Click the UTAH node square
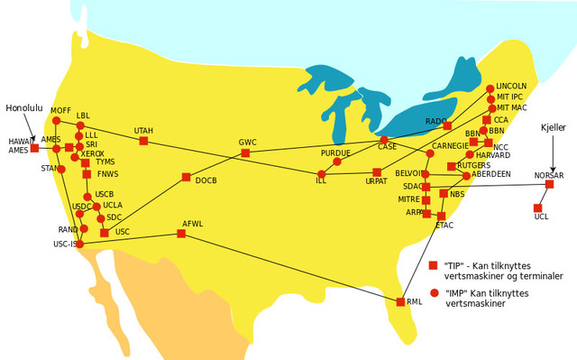pos(143,141)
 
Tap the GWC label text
pos(248,143)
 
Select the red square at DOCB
pos(186,177)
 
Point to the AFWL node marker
pos(181,234)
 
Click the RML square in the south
pos(400,302)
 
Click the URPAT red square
pos(377,172)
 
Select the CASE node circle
pos(384,140)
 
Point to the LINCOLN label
pos(511,86)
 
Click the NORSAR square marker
pos(549,184)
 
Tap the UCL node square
pos(538,208)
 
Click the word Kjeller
pos(553,128)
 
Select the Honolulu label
pos(24,107)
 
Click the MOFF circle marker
pos(56,121)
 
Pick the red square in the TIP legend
pos(434,265)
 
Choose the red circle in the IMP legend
pos(434,293)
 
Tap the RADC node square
pos(447,126)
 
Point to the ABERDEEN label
pos(490,174)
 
